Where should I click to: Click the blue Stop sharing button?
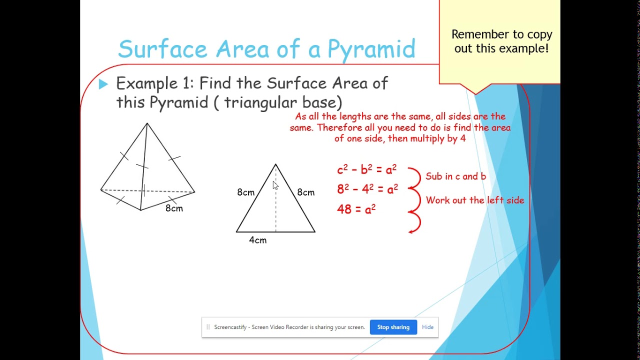pyautogui.click(x=393, y=327)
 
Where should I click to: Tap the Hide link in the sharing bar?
pyautogui.click(x=427, y=327)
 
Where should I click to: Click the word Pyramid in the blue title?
pyautogui.click(x=371, y=49)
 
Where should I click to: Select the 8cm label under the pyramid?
pyautogui.click(x=174, y=208)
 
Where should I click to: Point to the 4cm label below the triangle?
pyautogui.click(x=257, y=240)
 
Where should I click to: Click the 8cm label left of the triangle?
pyautogui.click(x=245, y=192)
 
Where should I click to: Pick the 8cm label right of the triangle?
pyautogui.click(x=305, y=192)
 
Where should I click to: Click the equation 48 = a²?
pyautogui.click(x=356, y=209)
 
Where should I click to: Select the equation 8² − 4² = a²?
pyautogui.click(x=367, y=189)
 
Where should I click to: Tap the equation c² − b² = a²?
pyautogui.click(x=366, y=170)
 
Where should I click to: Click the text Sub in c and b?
pyautogui.click(x=455, y=176)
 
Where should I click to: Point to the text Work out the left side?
pyautogui.click(x=474, y=200)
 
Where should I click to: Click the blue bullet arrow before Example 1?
pyautogui.click(x=103, y=84)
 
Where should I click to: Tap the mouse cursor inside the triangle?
pyautogui.click(x=275, y=185)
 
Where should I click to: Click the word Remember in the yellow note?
pyautogui.click(x=476, y=34)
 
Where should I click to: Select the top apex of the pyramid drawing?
pyautogui.click(x=147, y=123)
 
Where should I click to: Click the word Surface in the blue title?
pyautogui.click(x=162, y=49)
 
